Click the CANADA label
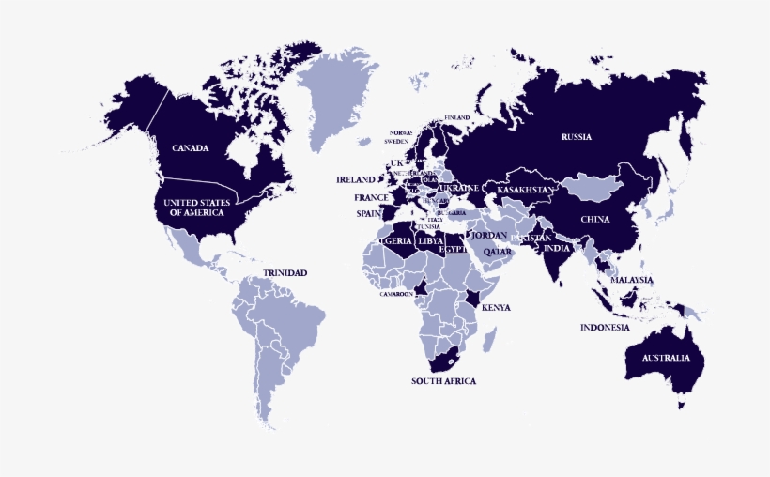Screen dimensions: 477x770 click(x=190, y=148)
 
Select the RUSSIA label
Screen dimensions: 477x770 click(x=577, y=137)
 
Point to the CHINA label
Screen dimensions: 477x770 click(x=595, y=220)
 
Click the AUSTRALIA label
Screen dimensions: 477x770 click(x=666, y=358)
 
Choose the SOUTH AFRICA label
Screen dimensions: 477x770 click(x=443, y=381)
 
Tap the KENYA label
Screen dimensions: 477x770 click(x=496, y=308)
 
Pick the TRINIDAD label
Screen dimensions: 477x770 click(x=285, y=273)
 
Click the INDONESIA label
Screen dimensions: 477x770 click(x=605, y=328)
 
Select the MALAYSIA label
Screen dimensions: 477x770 click(x=632, y=280)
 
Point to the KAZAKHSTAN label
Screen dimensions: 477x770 click(x=527, y=191)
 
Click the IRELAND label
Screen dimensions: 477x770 click(x=356, y=179)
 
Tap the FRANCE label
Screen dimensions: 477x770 click(x=371, y=198)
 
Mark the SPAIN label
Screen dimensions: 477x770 click(x=367, y=213)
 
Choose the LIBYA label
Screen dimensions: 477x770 click(x=430, y=241)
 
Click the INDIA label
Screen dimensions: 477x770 click(x=556, y=248)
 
